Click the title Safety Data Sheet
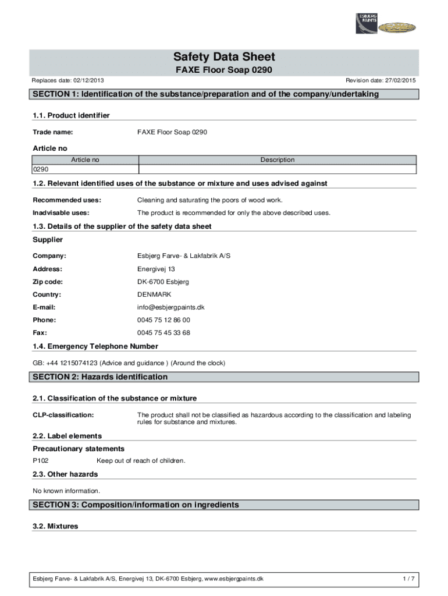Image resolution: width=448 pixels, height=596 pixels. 224,57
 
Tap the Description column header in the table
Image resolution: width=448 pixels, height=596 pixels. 277,159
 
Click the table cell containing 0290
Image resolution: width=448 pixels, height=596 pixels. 84,169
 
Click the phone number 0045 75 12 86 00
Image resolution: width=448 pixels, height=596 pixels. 163,320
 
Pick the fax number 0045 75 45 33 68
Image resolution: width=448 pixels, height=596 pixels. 163,333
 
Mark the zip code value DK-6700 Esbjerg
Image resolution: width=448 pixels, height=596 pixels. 163,282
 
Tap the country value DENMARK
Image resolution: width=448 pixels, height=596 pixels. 154,295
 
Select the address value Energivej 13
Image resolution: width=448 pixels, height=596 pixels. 156,269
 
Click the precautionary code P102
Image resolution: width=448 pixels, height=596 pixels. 41,461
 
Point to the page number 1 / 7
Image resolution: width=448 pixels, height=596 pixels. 408,579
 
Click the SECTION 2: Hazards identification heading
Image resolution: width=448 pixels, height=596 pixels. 100,377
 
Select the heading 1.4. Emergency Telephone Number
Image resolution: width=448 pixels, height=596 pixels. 95,346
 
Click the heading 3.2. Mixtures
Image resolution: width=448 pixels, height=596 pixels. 55,526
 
